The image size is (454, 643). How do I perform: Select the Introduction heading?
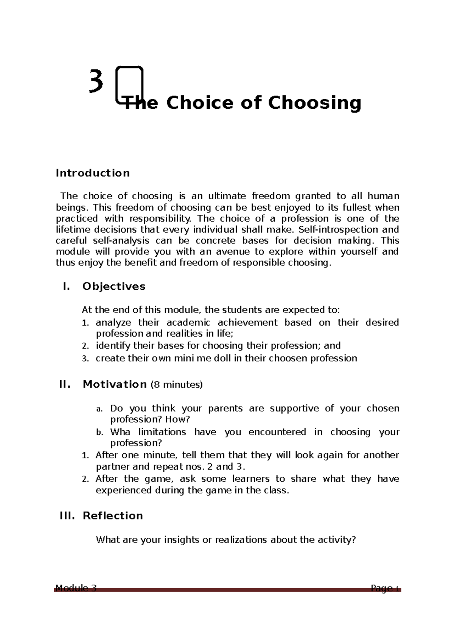93,173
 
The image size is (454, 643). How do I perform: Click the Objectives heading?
114,286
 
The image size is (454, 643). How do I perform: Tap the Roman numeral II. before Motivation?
65,384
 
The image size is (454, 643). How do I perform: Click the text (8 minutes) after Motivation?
177,385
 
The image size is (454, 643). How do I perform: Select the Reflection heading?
113,516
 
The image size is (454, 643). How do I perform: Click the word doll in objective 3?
222,358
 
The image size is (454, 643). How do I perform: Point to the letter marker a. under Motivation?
99,409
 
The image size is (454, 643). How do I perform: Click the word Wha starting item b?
120,432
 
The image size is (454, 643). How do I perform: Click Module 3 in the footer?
76,588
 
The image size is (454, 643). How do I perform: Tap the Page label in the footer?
381,588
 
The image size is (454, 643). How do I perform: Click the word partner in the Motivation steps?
111,467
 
